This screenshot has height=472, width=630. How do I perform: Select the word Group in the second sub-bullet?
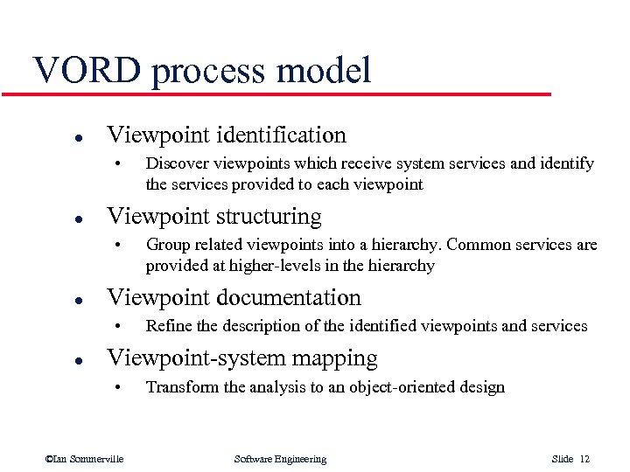pyautogui.click(x=167, y=245)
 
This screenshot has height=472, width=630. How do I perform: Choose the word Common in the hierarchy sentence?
pyautogui.click(x=483, y=245)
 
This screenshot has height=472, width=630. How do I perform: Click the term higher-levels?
pyautogui.click(x=263, y=266)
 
